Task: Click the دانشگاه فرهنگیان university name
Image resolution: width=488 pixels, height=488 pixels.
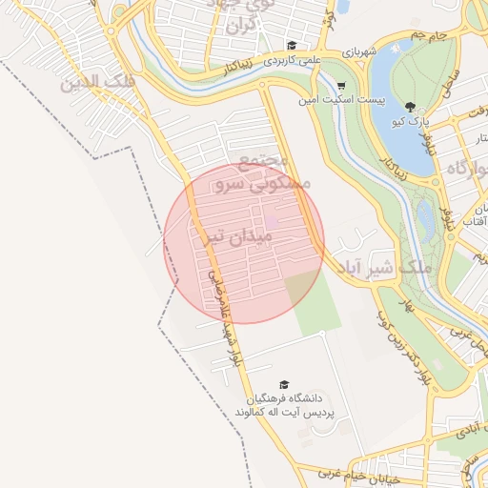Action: tap(287, 396)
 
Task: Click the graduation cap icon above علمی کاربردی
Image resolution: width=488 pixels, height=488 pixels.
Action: tap(292, 45)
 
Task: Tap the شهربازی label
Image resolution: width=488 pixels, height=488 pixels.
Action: tap(363, 50)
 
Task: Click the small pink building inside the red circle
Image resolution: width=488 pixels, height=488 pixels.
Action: tap(272, 223)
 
